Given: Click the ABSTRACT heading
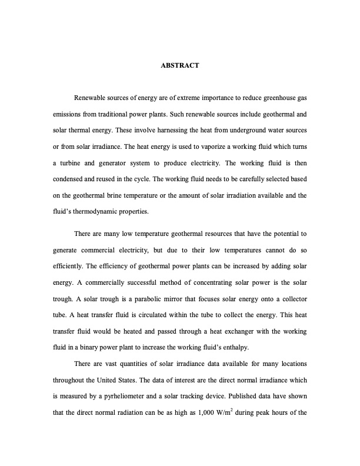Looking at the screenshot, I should pos(180,65).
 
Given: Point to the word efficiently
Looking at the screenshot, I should pos(69,267).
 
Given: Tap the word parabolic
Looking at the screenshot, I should pos(187,298).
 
